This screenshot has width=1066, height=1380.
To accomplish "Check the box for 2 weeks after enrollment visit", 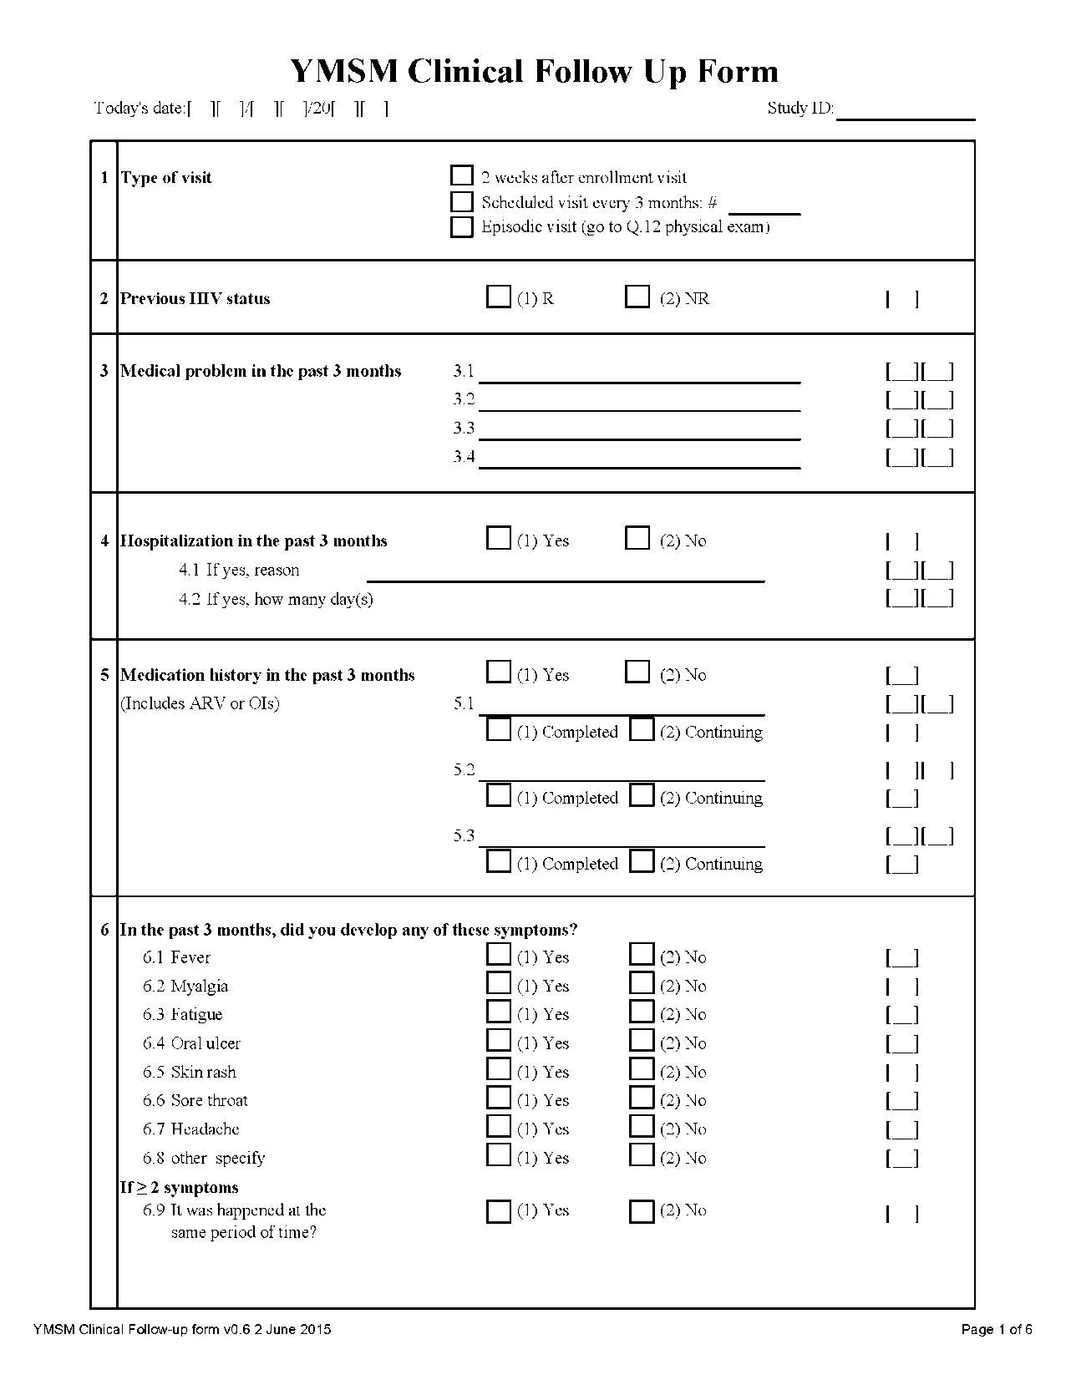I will tap(462, 175).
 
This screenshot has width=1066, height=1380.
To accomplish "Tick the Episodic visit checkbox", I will tap(462, 227).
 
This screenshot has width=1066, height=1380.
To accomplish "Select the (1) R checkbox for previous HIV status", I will tap(499, 297).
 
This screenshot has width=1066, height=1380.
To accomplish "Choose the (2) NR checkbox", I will tap(637, 297).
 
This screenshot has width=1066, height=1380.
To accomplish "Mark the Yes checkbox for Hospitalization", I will tap(499, 539).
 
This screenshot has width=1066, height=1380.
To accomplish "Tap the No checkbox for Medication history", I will tap(637, 672).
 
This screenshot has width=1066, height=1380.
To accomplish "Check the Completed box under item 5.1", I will tap(499, 730).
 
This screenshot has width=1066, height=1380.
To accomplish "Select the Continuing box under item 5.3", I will tap(642, 862).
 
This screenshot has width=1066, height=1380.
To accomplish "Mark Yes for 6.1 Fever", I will tap(499, 955).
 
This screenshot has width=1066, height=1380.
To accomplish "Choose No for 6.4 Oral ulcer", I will tap(642, 1041).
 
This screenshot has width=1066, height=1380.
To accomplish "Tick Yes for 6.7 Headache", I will tap(499, 1127).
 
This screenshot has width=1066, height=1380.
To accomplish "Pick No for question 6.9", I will tap(642, 1211).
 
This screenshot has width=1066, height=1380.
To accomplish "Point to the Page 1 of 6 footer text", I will tap(997, 1330).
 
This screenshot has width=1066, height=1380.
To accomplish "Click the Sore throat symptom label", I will tap(209, 1101).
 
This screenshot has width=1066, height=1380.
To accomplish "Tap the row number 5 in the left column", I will tap(104, 675).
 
